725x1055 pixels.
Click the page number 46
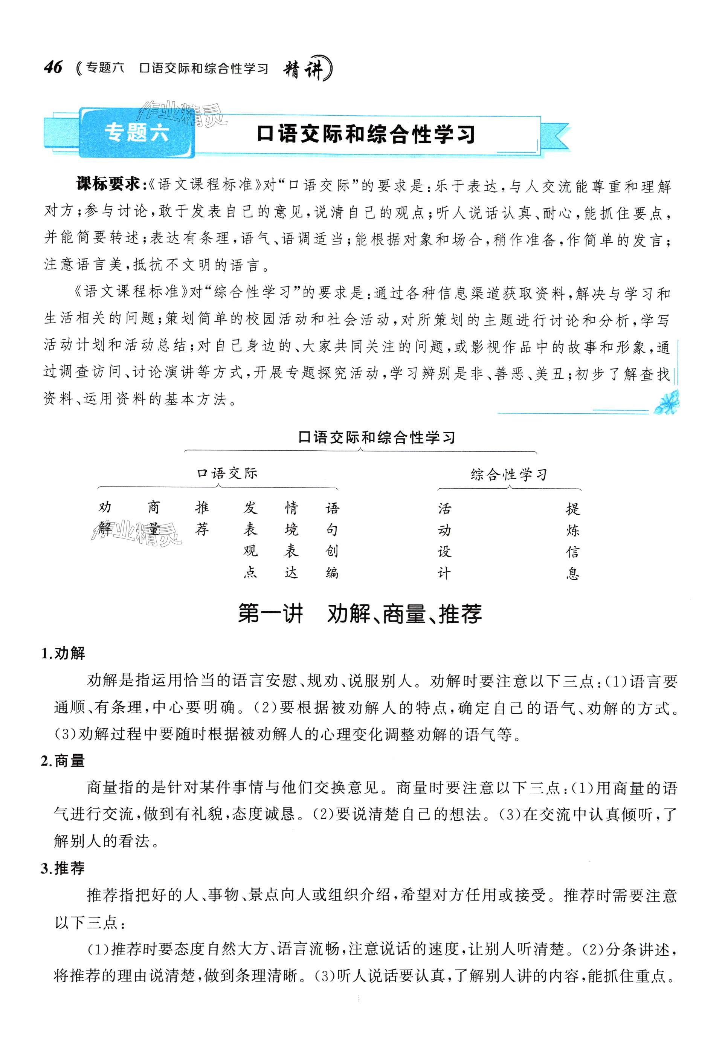coord(53,68)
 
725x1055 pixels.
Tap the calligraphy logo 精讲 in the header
coord(306,69)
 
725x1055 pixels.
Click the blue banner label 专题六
coord(137,133)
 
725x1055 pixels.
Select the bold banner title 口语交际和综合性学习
coord(366,135)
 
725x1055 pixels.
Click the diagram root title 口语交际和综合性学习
coord(376,437)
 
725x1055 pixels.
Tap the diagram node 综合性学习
coord(508,475)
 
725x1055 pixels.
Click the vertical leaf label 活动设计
coord(444,540)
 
